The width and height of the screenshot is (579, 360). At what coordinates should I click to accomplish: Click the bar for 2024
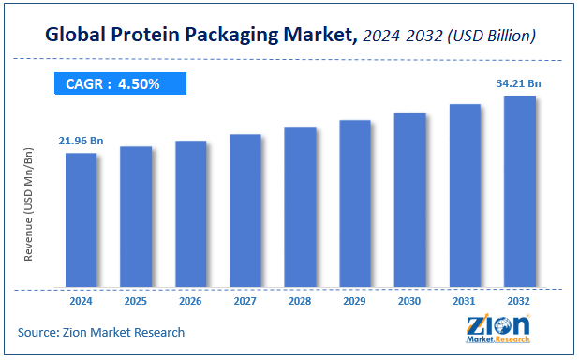81,219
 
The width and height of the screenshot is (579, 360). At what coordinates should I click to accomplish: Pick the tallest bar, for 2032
520,191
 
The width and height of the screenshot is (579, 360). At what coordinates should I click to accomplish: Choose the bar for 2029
355,203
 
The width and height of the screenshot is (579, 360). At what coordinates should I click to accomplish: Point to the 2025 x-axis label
135,303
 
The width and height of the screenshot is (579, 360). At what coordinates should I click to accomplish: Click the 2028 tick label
300,303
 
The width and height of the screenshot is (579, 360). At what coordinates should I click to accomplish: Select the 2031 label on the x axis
465,303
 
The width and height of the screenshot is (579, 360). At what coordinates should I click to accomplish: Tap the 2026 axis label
190,303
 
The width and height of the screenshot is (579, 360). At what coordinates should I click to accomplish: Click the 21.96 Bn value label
81,141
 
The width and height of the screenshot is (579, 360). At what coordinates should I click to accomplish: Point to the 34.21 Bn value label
518,83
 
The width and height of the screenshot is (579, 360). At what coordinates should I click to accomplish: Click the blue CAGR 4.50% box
119,83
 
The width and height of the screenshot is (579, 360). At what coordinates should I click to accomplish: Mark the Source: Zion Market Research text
100,333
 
